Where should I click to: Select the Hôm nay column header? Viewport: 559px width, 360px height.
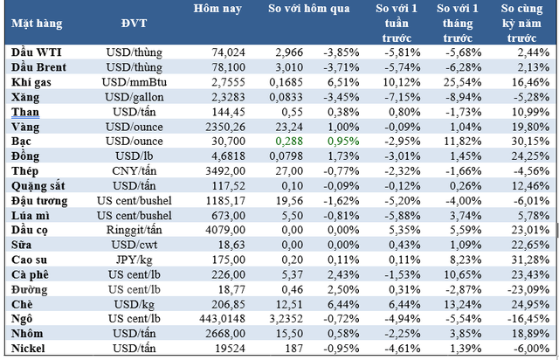217,10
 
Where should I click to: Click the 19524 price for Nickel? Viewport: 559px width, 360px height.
224,349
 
